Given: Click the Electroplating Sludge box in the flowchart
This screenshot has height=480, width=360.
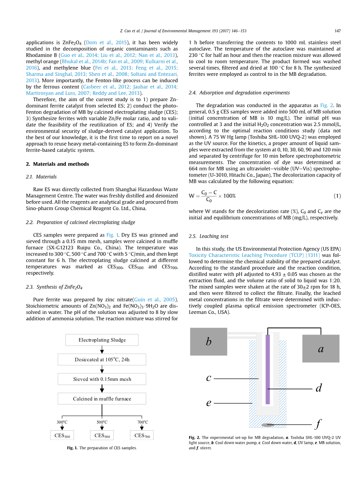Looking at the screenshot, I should coord(102,340).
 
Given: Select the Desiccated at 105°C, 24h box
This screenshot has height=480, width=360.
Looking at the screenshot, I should coord(102,359).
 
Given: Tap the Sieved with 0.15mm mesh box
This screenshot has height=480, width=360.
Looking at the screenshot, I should coord(102,379).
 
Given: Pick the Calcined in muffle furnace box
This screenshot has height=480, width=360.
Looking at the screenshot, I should coord(102,399).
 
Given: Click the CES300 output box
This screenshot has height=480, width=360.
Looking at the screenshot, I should coord(62,436).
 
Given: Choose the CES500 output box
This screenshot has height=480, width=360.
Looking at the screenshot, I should coord(102,436).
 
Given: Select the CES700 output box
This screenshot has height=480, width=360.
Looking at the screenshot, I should coord(142,436).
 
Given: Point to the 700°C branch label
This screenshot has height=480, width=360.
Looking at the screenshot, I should coord(142,422).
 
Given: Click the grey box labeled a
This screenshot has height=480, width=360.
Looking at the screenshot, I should coord(321,349).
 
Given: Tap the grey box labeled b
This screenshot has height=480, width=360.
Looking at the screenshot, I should coord(209,342).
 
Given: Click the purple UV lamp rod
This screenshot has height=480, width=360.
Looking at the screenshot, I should coord(267,370).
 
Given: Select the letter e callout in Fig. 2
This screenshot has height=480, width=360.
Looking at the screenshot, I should coord(209,403).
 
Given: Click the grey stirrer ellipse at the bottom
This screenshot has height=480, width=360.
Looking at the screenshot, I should coord(267,425).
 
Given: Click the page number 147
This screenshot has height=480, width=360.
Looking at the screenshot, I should coord(337,31).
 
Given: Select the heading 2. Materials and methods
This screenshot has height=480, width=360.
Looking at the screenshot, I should coord(57,164).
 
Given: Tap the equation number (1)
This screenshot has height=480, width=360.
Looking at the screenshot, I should coord(337,196).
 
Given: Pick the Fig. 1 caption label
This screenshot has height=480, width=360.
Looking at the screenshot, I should coord(72,448).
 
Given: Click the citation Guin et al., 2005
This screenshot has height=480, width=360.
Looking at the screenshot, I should coord(155,300).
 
